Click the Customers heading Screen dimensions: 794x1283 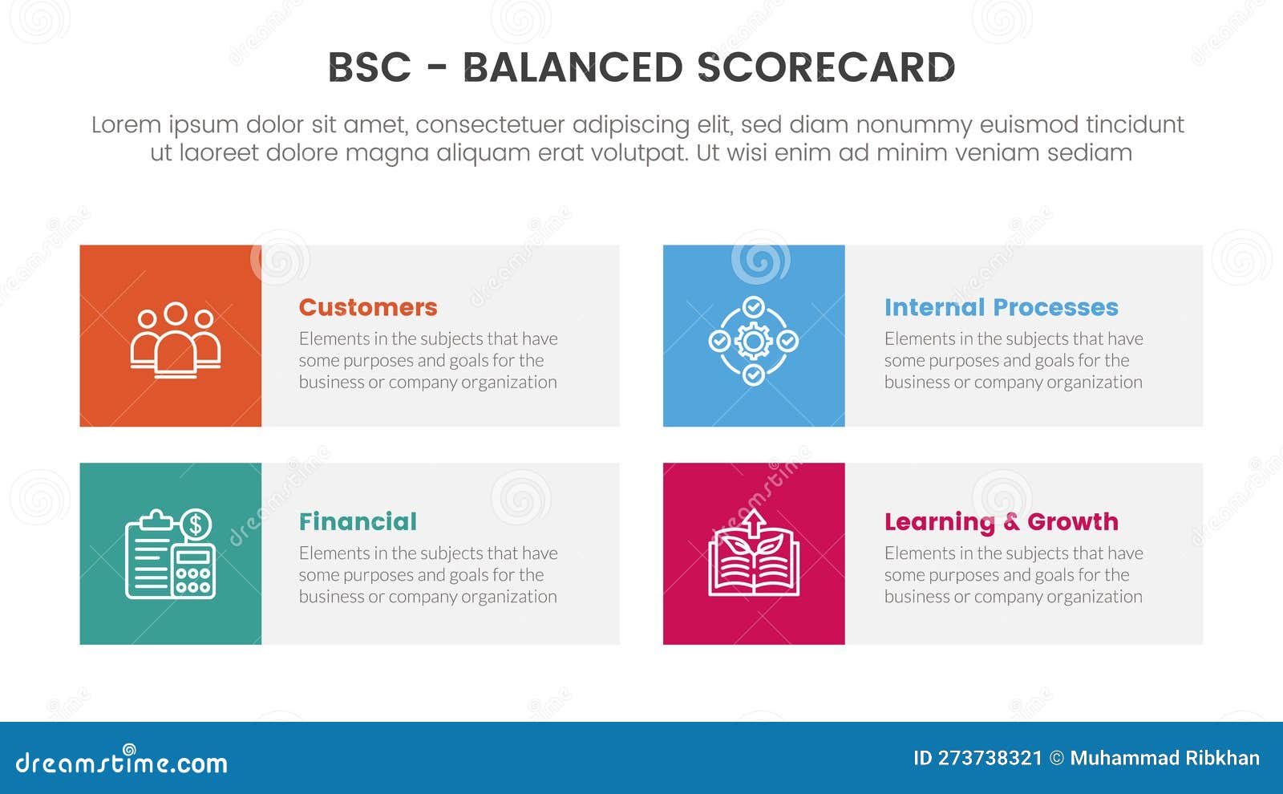pyautogui.click(x=367, y=307)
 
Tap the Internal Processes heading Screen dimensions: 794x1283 pyautogui.click(x=1001, y=307)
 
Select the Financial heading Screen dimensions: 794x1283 pyautogui.click(x=358, y=521)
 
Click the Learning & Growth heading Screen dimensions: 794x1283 pyautogui.click(x=1001, y=521)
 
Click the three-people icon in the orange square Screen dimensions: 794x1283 pyautogui.click(x=176, y=338)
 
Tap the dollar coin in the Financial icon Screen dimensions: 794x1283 pyautogui.click(x=196, y=525)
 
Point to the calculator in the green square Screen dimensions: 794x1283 pyautogui.click(x=194, y=570)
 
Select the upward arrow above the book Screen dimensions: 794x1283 pyautogui.click(x=753, y=524)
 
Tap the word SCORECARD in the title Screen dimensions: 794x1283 pyautogui.click(x=826, y=67)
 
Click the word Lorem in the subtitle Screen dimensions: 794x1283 pyautogui.click(x=126, y=125)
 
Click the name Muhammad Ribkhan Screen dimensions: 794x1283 pyautogui.click(x=1164, y=758)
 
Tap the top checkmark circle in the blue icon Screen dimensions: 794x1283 pyautogui.click(x=753, y=307)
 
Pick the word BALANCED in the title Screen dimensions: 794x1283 pyautogui.click(x=573, y=67)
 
